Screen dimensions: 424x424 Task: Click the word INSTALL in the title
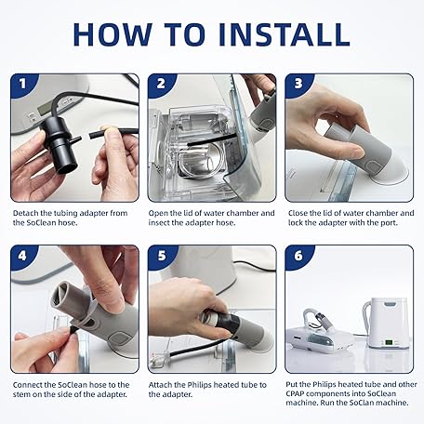point(285,34)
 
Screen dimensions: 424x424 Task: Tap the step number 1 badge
point(22,84)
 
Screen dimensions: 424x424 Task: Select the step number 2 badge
point(161,84)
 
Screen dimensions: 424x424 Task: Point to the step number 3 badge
point(298,84)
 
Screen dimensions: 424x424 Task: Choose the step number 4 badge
point(22,256)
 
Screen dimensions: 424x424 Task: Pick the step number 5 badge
point(162,256)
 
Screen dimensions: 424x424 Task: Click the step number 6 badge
point(298,256)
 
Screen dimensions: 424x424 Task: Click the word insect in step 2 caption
point(159,223)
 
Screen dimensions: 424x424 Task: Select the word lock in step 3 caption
point(296,223)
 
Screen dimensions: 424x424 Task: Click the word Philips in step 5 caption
point(199,385)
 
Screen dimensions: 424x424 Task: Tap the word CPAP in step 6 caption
point(295,393)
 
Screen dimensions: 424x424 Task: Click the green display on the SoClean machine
point(389,342)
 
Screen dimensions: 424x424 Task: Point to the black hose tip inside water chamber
point(190,144)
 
